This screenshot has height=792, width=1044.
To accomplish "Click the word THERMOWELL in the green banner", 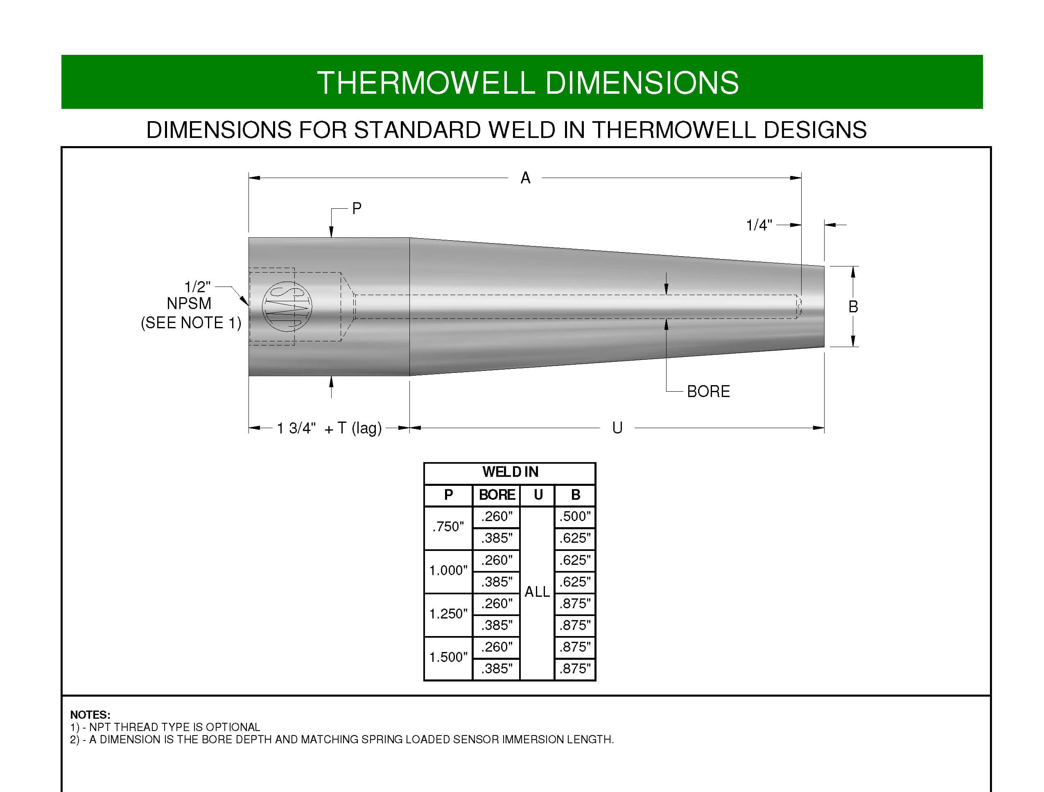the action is (x=426, y=83).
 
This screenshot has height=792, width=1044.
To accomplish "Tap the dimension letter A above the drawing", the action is (x=525, y=178).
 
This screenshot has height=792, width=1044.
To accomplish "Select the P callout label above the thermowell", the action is (x=357, y=208).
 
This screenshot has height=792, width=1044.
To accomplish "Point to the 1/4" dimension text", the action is (x=759, y=225).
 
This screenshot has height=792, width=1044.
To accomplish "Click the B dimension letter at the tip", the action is (x=853, y=307).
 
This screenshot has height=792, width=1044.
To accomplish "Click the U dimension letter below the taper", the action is (x=617, y=428).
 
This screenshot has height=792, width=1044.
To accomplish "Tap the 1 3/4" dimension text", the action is (x=296, y=428).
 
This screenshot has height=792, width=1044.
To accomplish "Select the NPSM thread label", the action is (x=189, y=303).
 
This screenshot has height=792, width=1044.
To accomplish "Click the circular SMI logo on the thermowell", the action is (x=287, y=307).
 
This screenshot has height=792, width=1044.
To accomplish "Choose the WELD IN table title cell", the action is (x=510, y=473).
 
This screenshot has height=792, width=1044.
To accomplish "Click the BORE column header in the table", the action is (x=497, y=495).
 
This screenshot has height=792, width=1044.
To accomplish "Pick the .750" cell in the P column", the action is (x=448, y=527).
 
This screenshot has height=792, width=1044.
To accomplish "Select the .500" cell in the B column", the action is (x=575, y=517).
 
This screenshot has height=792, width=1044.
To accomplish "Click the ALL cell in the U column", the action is (x=537, y=592).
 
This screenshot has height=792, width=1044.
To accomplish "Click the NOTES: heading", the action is (x=90, y=715).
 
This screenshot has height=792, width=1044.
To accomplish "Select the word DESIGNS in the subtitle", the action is (x=815, y=130).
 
